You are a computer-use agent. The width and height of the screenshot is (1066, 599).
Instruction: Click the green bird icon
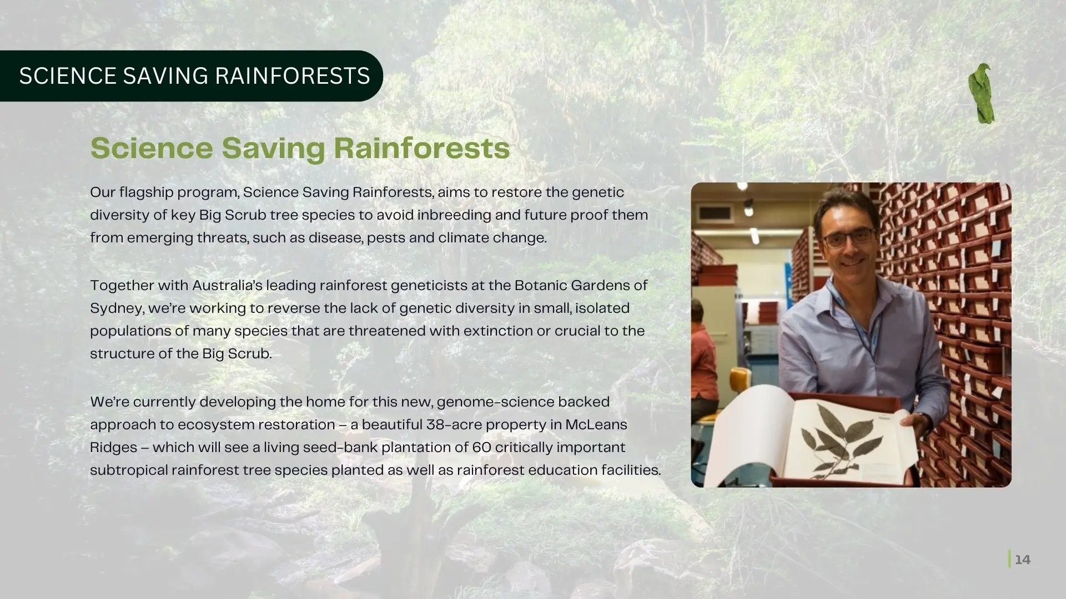[x=982, y=93]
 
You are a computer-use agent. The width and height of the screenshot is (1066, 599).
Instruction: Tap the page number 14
[x=1023, y=560]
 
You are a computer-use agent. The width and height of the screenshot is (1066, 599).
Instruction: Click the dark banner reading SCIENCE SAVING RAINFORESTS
[x=192, y=76]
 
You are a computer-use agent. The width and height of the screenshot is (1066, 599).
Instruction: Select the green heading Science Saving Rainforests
[x=300, y=148]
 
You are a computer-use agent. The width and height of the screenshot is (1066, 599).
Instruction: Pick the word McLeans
[x=596, y=425]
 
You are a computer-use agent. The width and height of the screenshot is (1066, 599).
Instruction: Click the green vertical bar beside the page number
[x=1009, y=559]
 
